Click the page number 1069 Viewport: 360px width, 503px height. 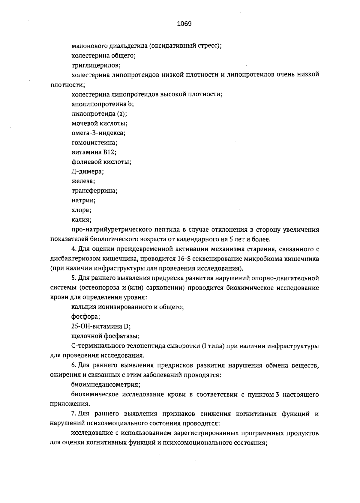coord(184,24)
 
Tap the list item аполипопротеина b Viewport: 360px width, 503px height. coord(103,104)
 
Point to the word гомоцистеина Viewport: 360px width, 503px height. coord(94,143)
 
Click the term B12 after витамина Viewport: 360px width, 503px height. coord(109,152)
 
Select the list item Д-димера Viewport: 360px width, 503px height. coord(88,172)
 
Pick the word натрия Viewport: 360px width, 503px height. coord(83,201)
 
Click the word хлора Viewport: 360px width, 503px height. coord(81,210)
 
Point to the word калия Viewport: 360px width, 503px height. coord(81,220)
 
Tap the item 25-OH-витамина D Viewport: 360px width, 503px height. coord(101,326)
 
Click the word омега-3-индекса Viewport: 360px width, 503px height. coord(98,133)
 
